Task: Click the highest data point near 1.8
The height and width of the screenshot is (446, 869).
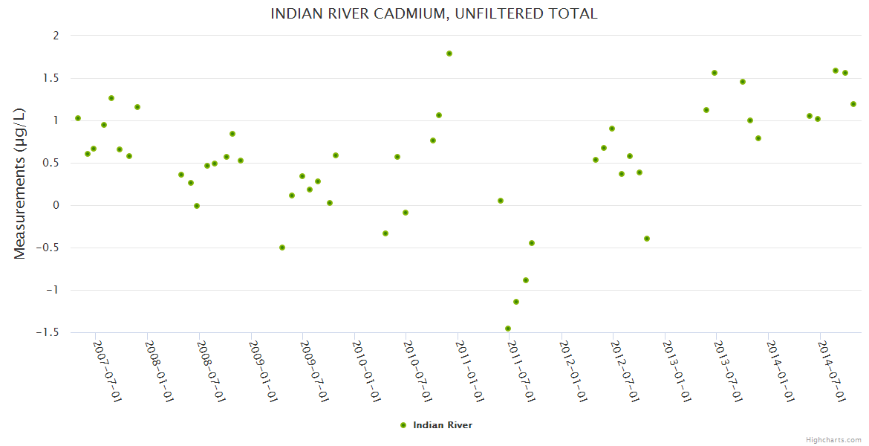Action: coord(449,54)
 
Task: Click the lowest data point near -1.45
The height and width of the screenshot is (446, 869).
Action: coord(508,329)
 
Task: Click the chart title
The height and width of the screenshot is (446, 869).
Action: coord(434,14)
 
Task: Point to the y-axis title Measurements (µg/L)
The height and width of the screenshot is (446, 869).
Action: coord(20,183)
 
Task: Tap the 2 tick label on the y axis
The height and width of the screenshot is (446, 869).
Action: coord(55,36)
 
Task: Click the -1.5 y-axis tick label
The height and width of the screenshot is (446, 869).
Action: coord(48,332)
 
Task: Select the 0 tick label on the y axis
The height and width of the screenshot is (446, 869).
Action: coord(55,205)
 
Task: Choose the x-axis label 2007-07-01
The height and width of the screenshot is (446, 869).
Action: coord(108,372)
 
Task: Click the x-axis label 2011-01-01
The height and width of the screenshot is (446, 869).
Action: coord(470,372)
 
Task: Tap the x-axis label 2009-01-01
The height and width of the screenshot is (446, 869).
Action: coord(263,372)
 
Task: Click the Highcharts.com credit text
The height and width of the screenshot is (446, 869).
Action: coord(833,439)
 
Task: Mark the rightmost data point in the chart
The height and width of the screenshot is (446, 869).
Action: coord(853,104)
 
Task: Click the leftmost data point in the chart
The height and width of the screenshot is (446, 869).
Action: coord(78,118)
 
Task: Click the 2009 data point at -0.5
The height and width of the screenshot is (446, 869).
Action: coord(282,248)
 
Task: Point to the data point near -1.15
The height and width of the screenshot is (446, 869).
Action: coord(516,302)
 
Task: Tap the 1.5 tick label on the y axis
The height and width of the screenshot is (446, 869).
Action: coord(51,78)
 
